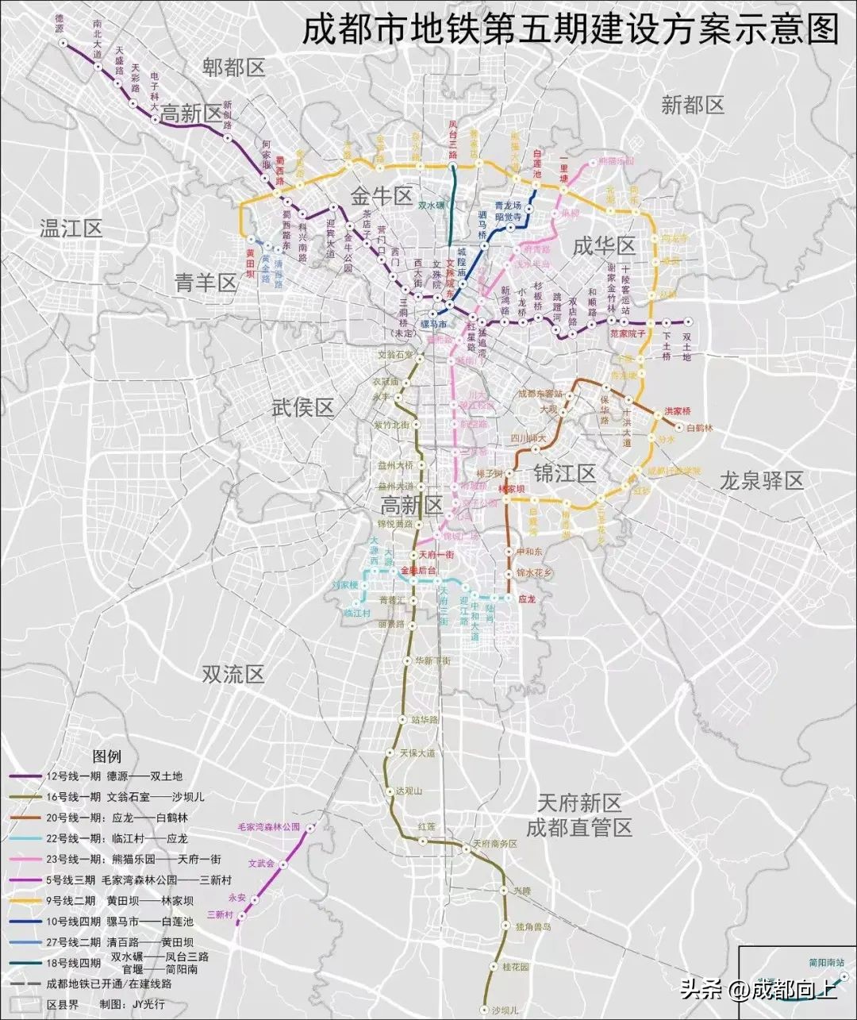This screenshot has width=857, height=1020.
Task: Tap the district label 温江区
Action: pos(71,229)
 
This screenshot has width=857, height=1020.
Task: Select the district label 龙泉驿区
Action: pos(761,480)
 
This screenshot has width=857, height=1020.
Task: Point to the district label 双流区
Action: pos(232,674)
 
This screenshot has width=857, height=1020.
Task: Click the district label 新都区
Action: pos(693,105)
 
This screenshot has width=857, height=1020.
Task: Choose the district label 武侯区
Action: pos(302,408)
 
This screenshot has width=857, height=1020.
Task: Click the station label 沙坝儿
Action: pos(505,1010)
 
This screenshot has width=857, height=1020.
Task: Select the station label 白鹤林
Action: pos(700,428)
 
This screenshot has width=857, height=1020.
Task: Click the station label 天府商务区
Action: pos(494,844)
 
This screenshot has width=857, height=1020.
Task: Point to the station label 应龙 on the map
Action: pos(527,599)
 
